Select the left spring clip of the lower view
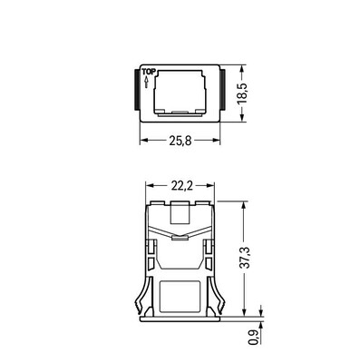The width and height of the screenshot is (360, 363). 145,290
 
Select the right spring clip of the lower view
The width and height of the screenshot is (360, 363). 219,290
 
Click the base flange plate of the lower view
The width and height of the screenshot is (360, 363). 181,318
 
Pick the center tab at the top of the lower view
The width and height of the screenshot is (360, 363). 181,214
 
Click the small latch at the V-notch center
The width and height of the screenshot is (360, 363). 181,240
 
